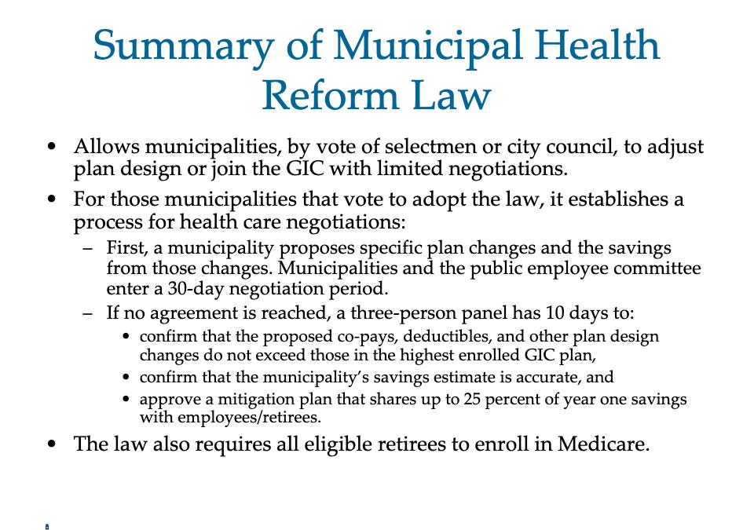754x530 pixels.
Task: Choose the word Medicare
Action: click(603, 444)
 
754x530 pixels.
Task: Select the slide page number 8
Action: click(47, 526)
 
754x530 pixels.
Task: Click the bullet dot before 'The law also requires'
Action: click(52, 444)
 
